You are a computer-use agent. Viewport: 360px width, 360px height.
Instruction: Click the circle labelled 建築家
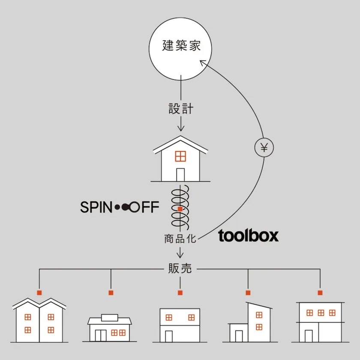coord(181,47)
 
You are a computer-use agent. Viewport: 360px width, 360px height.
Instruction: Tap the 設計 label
coord(180,109)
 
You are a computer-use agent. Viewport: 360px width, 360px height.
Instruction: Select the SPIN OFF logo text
coord(120,208)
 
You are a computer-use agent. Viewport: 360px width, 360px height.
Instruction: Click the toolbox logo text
coord(249,236)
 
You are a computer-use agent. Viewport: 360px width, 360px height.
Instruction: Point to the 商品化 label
coord(180,239)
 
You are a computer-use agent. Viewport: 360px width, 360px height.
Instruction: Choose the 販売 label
coord(180,269)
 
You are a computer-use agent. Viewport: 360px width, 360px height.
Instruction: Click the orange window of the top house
coord(180,156)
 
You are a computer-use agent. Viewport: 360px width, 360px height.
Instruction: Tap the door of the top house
coord(180,174)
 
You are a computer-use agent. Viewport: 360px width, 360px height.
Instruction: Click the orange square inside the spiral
coord(180,209)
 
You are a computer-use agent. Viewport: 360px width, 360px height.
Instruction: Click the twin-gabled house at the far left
coord(39,321)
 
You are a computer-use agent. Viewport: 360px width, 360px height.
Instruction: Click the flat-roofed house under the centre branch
coord(180,324)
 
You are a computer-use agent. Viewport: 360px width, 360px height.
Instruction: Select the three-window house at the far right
coord(320,321)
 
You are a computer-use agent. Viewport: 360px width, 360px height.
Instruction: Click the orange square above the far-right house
coord(320,293)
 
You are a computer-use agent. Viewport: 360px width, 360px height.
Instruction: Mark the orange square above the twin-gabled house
coord(39,293)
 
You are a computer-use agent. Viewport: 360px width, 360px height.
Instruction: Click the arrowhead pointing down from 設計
coord(180,128)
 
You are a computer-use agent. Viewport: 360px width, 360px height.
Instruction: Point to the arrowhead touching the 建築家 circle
coord(203,63)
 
